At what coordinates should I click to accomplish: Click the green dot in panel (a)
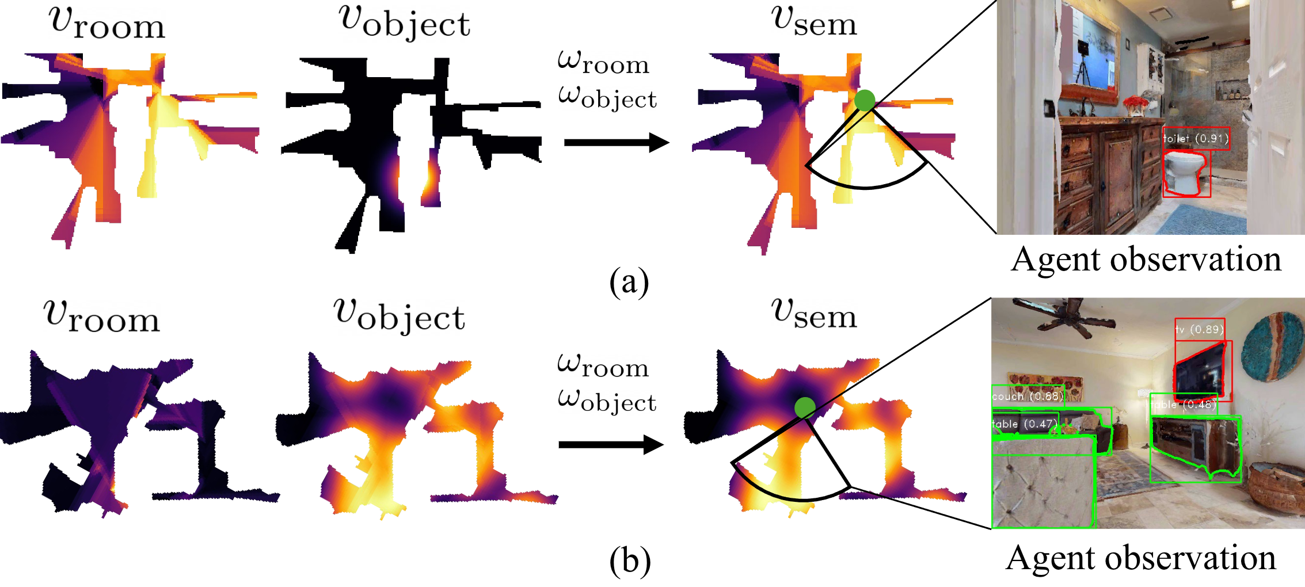pos(865,100)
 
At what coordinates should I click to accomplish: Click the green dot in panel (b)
pos(805,407)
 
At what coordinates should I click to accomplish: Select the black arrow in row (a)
pos(616,142)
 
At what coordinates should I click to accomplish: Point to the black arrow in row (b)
pos(610,444)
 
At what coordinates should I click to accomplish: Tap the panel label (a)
pos(629,282)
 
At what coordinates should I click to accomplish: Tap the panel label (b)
pos(630,561)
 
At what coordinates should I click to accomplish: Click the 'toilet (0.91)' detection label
pos(1196,139)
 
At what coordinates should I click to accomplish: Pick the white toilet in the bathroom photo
pos(1184,173)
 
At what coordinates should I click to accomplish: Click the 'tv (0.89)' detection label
pos(1199,329)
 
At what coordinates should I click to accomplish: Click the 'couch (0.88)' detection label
pos(1027,396)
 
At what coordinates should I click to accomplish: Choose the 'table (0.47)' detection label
pos(1025,424)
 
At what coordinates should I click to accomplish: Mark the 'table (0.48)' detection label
pos(1184,405)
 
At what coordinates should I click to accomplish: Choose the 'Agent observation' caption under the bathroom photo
pos(1146,259)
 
